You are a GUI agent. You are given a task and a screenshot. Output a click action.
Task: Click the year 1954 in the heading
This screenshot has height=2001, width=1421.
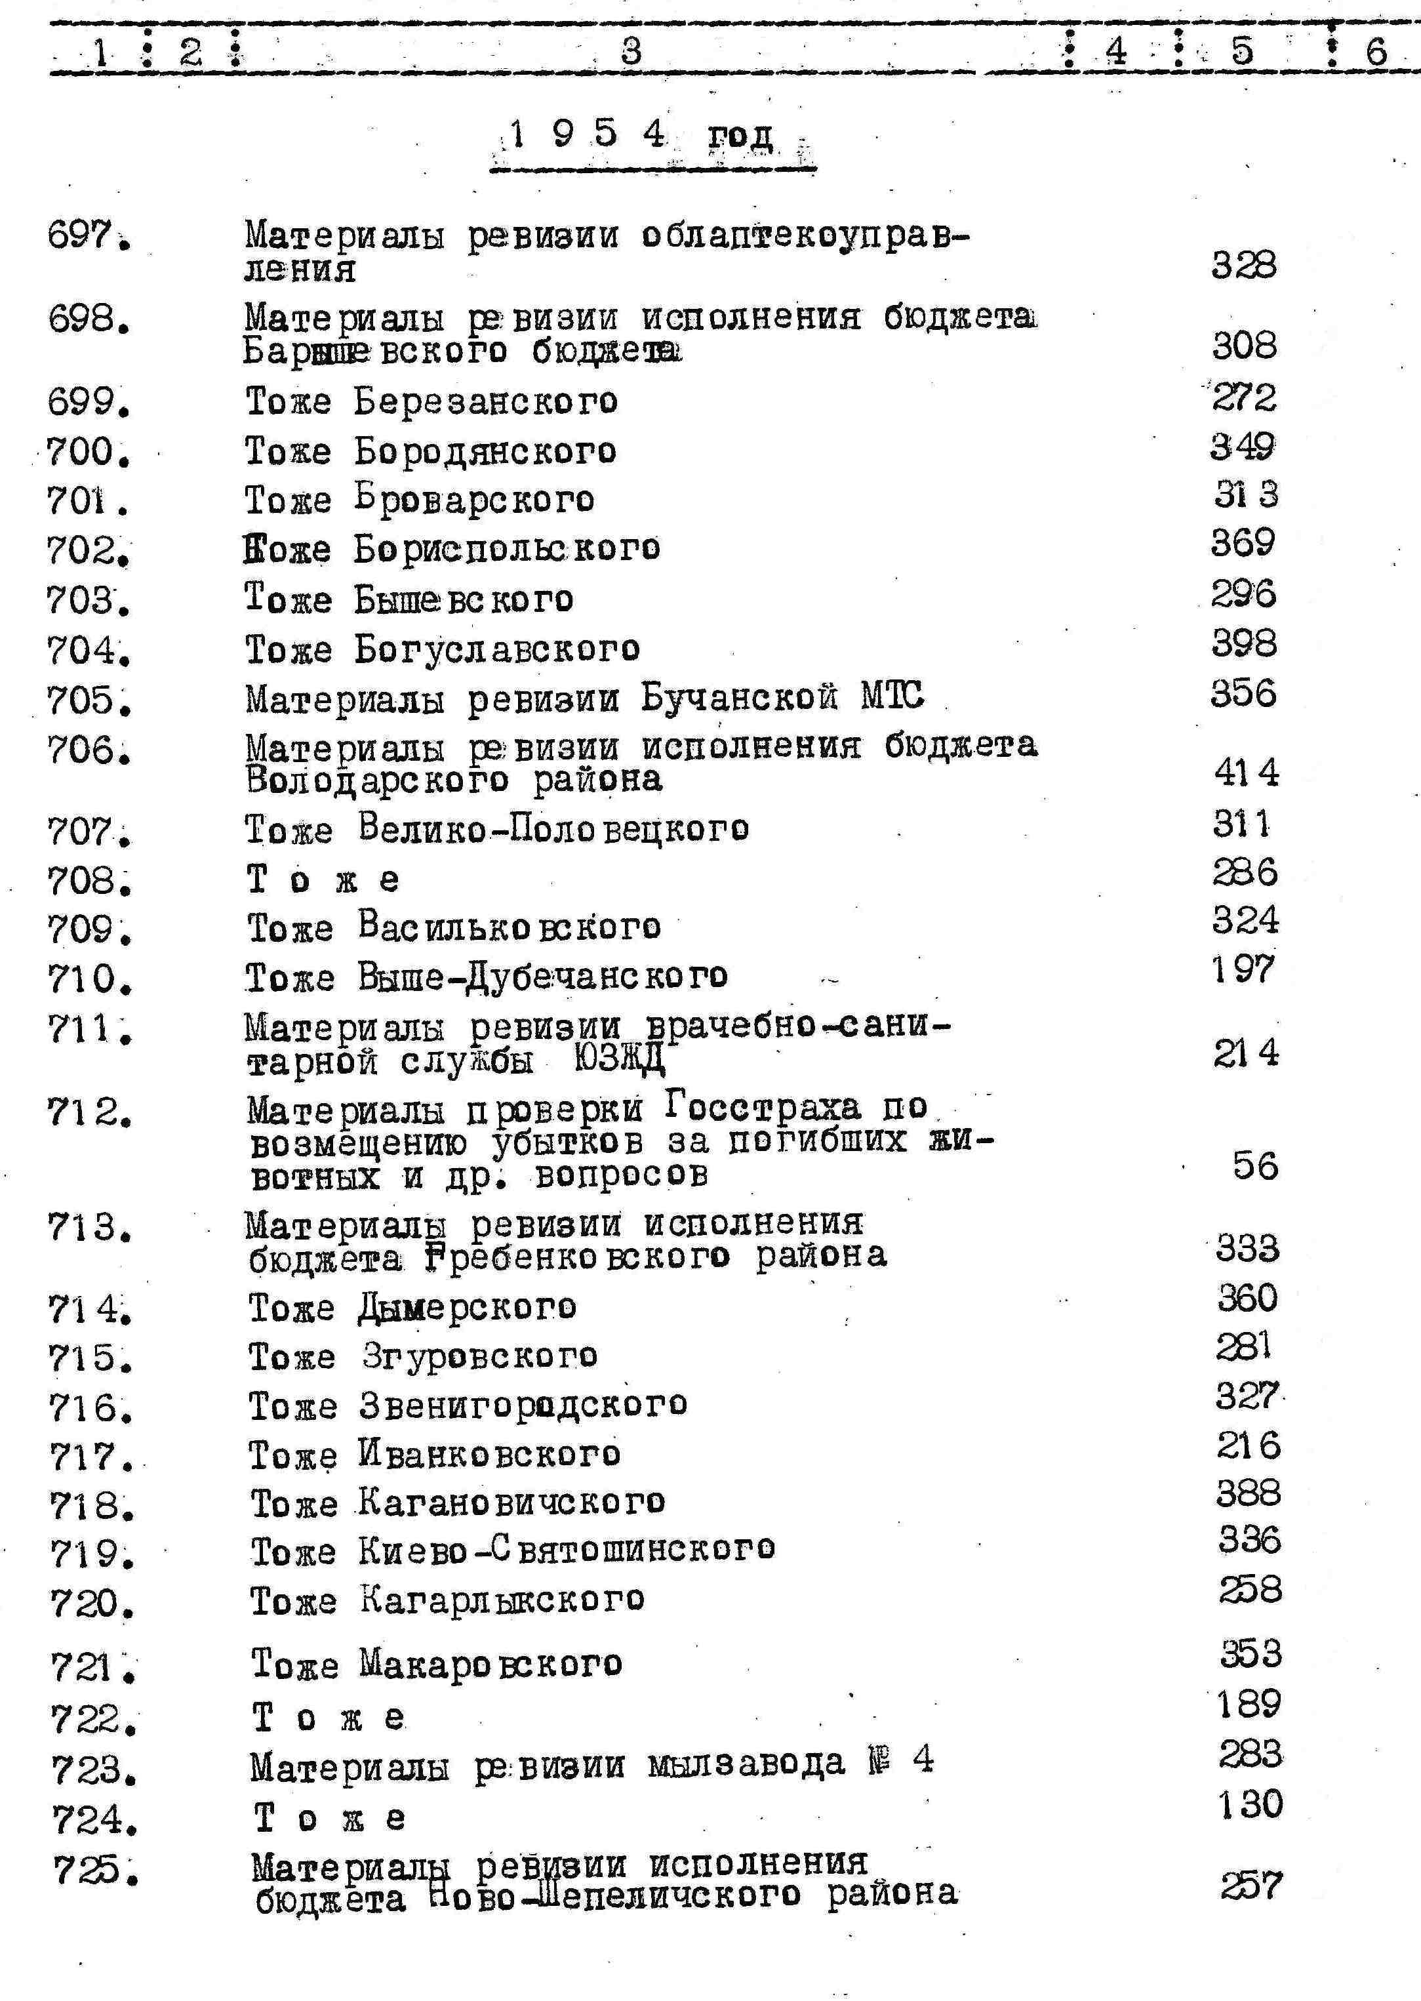pos(587,134)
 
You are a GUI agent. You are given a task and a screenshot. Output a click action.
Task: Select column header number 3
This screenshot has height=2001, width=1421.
pos(631,51)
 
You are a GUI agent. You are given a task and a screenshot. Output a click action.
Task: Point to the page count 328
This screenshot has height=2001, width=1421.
pos(1243,264)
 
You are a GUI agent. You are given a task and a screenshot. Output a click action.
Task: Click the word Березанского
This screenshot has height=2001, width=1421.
pos(486,401)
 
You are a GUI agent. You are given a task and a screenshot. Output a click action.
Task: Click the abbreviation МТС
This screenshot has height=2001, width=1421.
pos(892,697)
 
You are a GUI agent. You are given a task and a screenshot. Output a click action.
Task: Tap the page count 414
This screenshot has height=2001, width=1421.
pos(1246,773)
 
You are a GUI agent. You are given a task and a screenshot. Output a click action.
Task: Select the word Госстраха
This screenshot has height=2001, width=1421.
pos(762,1108)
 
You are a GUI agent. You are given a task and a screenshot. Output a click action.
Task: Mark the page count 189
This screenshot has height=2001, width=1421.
pos(1249,1703)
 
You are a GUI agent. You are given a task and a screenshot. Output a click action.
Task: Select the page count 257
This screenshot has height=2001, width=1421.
pos(1251,1884)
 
